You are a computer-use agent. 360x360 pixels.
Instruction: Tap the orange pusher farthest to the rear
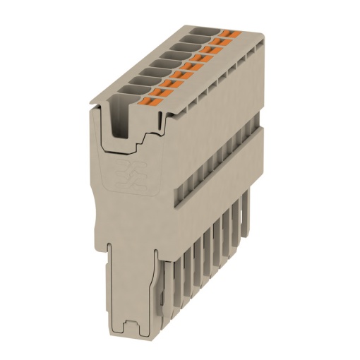pyautogui.click(x=227, y=34)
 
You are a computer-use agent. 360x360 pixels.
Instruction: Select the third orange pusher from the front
pyautogui.click(x=179, y=79)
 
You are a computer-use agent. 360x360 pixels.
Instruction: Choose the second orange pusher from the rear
pyautogui.click(x=220, y=40)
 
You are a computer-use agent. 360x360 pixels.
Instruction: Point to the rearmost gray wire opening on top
pyautogui.click(x=200, y=30)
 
